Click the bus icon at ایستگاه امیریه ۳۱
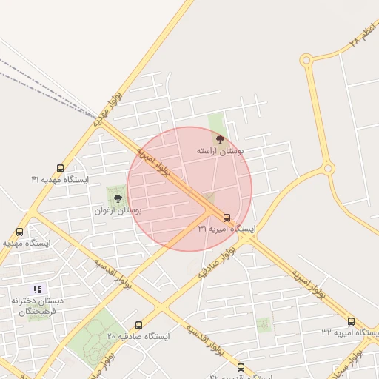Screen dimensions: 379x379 click(227, 217)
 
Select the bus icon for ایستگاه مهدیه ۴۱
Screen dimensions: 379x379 click(60, 168)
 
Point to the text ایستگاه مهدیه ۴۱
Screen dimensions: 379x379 click(59, 180)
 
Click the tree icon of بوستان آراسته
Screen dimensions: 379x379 click(219, 138)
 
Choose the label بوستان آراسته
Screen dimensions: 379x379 click(220, 150)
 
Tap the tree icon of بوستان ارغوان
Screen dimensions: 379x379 click(117, 198)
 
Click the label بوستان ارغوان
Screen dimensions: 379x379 click(118, 210)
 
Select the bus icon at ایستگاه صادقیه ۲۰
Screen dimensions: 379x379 click(139, 325)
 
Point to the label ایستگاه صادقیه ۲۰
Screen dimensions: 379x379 click(138, 336)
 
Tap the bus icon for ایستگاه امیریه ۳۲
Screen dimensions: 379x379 click(351, 321)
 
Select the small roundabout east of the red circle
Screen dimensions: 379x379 click(327, 170)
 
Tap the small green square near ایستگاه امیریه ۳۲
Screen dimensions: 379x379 click(263, 323)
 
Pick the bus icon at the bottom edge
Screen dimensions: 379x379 click(240, 367)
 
